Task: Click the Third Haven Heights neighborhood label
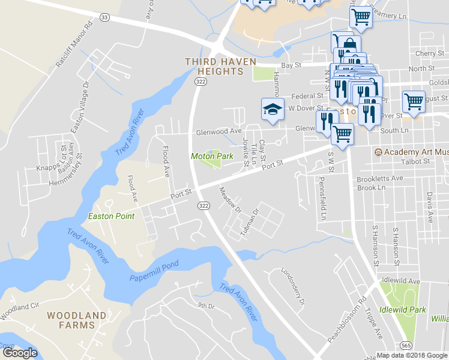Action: [220, 66]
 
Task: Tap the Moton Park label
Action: [211, 156]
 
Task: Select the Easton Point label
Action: [111, 216]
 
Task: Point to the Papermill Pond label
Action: [154, 272]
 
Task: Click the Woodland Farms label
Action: [76, 320]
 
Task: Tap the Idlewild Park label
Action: [406, 310]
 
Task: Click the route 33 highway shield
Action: [105, 17]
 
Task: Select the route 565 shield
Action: [407, 345]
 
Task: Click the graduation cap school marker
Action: [272, 110]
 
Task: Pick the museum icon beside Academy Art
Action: [378, 152]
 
